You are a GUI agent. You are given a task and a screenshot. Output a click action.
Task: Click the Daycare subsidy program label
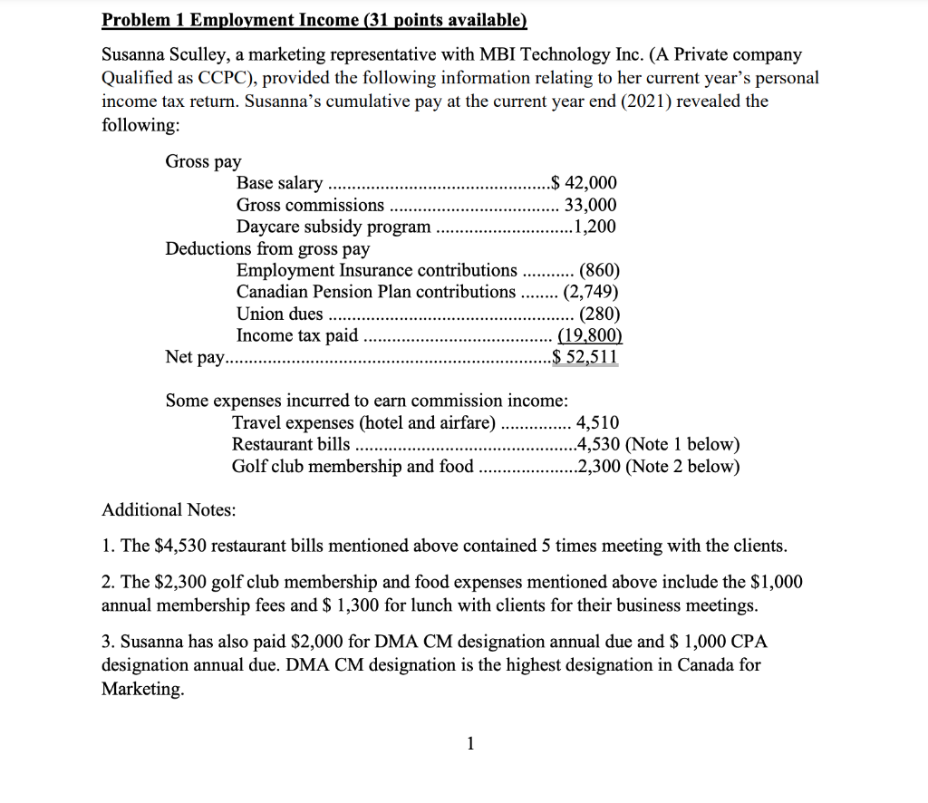[333, 227]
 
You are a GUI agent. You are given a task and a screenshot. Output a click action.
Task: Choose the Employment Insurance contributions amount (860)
[599, 270]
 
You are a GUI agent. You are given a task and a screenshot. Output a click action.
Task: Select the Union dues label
[279, 314]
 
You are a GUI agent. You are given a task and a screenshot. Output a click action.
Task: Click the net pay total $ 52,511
[585, 357]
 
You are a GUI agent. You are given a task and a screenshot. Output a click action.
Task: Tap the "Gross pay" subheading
[203, 161]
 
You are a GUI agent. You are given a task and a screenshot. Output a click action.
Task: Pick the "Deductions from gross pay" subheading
[267, 248]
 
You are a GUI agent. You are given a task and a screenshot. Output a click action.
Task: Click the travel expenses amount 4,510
[598, 422]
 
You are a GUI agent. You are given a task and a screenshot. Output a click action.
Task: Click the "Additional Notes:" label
[169, 510]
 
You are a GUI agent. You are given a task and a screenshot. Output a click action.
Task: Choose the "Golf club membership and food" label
[353, 467]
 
